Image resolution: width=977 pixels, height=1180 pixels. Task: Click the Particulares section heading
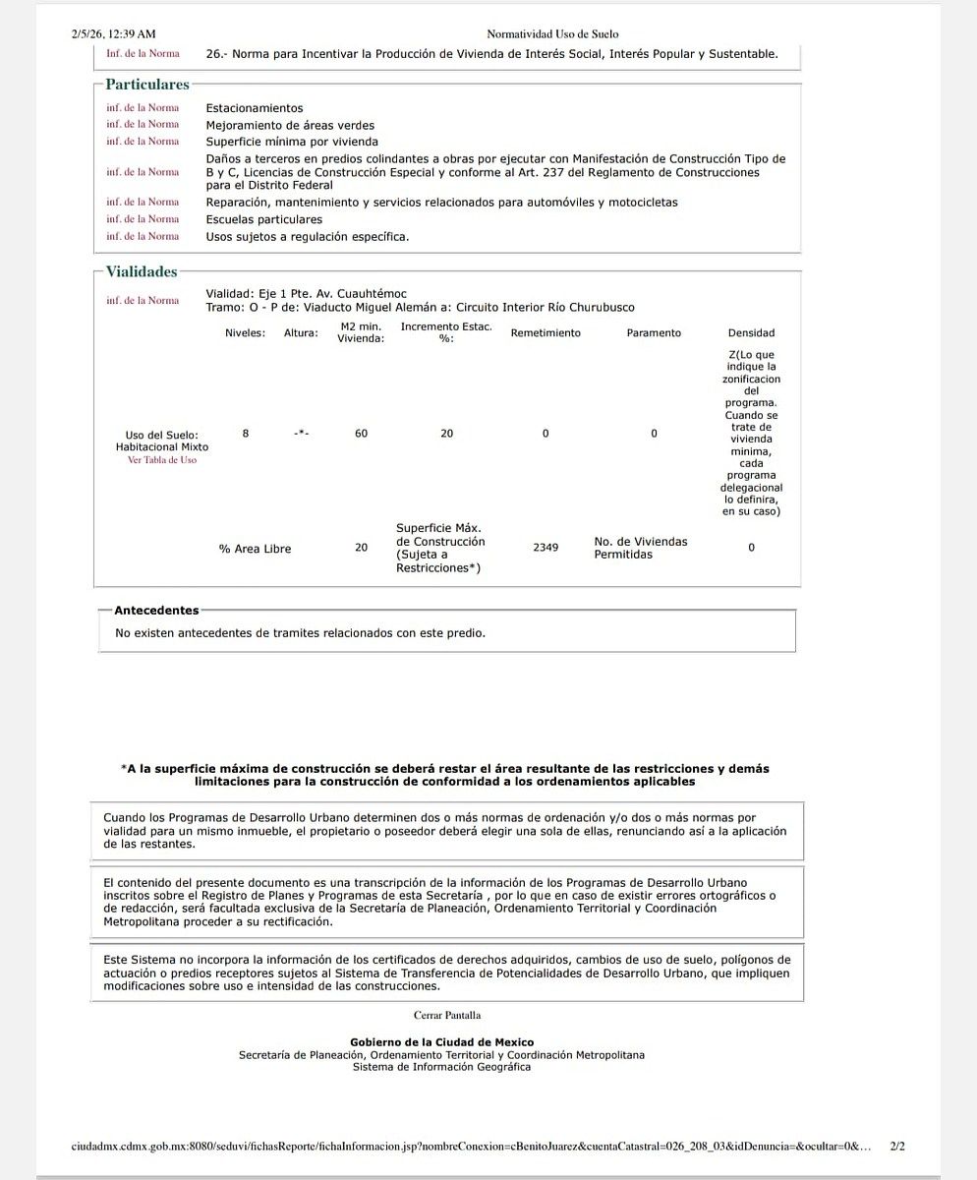point(147,86)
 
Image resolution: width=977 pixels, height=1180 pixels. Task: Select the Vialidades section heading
point(142,271)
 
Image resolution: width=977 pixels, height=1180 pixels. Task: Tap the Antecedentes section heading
point(156,611)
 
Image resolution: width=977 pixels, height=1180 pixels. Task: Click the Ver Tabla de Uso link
point(162,459)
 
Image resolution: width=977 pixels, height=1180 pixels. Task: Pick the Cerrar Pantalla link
point(447,1015)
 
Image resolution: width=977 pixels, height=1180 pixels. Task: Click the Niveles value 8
point(246,434)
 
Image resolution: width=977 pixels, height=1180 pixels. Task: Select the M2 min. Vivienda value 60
point(361,434)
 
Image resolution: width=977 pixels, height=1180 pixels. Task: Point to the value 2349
point(546,548)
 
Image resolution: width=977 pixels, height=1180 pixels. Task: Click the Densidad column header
point(751,333)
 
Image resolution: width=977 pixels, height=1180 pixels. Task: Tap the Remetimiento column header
point(546,333)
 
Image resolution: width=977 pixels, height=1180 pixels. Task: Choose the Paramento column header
point(654,333)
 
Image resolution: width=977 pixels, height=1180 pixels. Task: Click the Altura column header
point(301,333)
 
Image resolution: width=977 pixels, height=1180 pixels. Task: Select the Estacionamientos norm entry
point(255,108)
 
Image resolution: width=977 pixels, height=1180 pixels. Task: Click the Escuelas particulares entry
point(263,219)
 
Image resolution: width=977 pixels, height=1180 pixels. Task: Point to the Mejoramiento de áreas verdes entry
point(290,125)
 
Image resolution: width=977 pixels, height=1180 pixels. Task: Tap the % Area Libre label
point(255,549)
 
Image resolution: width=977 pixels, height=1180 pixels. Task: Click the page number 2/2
point(896,1147)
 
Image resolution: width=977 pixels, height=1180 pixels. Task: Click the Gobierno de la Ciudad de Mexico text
point(441,1042)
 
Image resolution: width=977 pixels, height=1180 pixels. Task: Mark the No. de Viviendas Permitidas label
point(640,548)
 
